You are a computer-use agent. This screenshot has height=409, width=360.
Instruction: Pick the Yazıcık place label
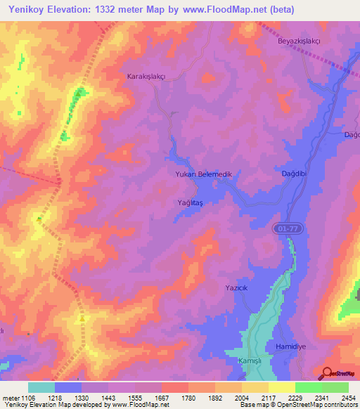click(x=238, y=289)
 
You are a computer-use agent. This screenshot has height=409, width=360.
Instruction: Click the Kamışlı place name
click(x=250, y=361)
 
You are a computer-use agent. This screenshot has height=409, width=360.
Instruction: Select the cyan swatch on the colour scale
click(x=41, y=387)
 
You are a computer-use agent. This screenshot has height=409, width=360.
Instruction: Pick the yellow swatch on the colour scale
click(x=281, y=387)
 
